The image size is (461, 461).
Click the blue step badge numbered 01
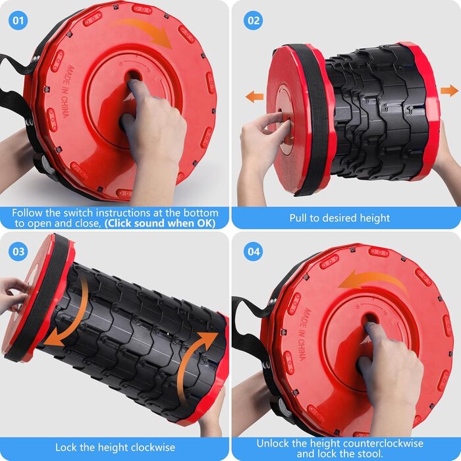18,20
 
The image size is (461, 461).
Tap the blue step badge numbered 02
254,20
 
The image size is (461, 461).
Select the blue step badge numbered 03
18,252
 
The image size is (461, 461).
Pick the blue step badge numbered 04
254,252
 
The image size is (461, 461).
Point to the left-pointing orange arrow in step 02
255,96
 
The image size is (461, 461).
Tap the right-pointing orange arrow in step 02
449,90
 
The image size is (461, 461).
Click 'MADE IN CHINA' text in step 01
67,92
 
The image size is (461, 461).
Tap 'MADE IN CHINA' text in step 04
303,334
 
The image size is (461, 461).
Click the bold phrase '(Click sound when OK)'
160,223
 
